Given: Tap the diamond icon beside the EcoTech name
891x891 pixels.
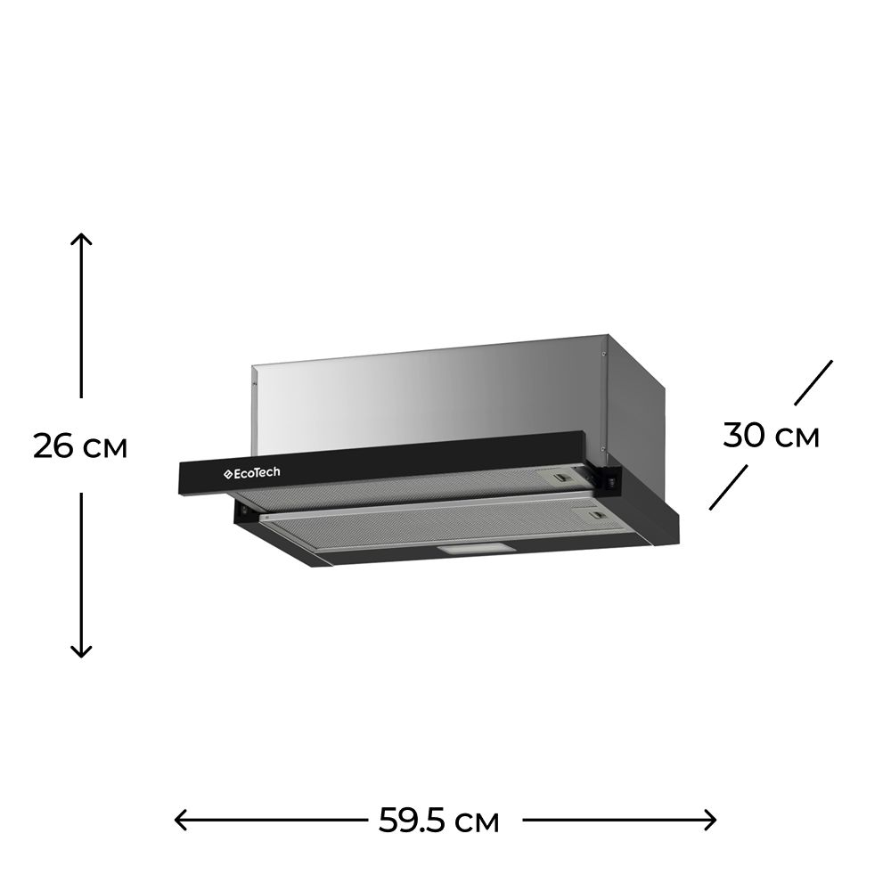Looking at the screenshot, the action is coord(226,473).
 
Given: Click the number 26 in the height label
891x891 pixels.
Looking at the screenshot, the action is coord(53,445).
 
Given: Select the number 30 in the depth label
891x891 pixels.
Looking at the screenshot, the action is coord(744,436).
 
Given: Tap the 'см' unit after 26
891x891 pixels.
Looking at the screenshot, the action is coord(106,448).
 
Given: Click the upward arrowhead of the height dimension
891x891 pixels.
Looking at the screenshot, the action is coord(81,239).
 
